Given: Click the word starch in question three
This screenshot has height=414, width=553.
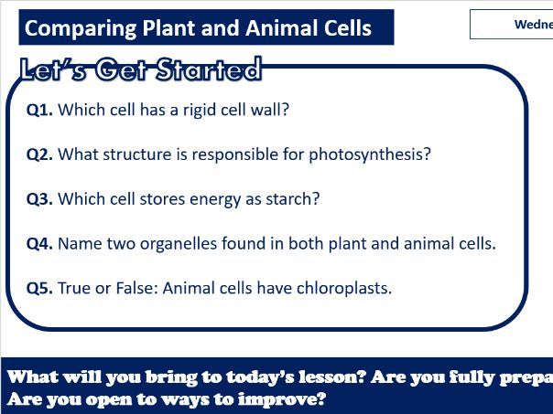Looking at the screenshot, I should click(x=295, y=199).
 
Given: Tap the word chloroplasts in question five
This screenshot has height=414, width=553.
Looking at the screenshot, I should click(x=344, y=289).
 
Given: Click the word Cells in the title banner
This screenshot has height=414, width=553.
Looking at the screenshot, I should click(x=344, y=28).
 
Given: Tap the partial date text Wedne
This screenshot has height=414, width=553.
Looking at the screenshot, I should click(x=533, y=25).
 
